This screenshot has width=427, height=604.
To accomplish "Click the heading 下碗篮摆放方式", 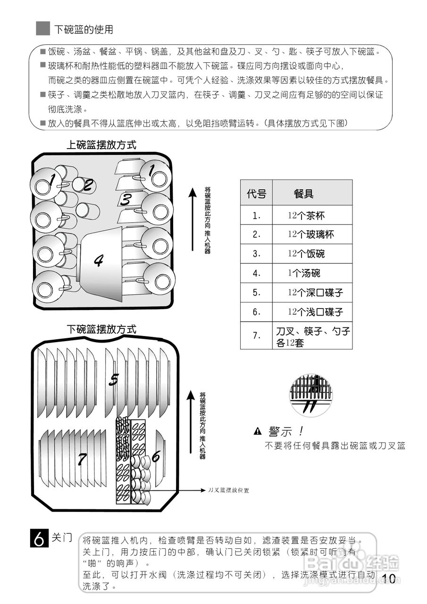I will tap(101, 329).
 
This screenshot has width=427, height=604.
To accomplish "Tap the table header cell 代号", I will tap(256, 193).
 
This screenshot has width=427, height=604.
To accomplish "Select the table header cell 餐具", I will tap(303, 193).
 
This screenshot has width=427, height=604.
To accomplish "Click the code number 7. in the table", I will tap(256, 336).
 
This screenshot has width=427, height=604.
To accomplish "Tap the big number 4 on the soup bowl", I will tap(99, 260).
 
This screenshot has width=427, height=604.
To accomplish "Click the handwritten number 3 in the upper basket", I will tap(126, 199).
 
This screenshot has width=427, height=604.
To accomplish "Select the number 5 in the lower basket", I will tap(113, 378).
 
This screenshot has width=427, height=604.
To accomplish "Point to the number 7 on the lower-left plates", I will tap(83, 459).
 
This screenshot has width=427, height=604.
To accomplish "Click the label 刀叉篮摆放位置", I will tap(228, 490).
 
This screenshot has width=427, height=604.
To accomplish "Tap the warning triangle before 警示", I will tap(258, 431).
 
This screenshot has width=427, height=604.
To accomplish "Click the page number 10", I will tap(389, 579).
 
